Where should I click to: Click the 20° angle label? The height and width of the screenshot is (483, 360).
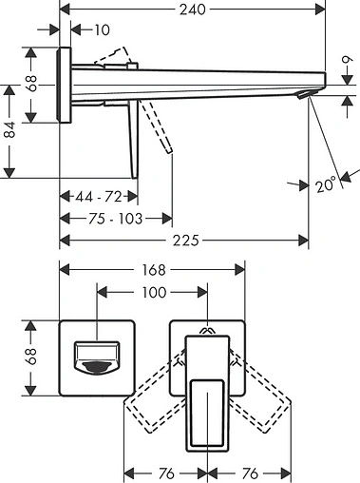point(328,186)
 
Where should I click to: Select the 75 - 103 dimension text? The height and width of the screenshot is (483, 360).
point(104,219)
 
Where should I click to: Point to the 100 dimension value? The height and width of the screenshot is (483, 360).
point(154,292)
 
